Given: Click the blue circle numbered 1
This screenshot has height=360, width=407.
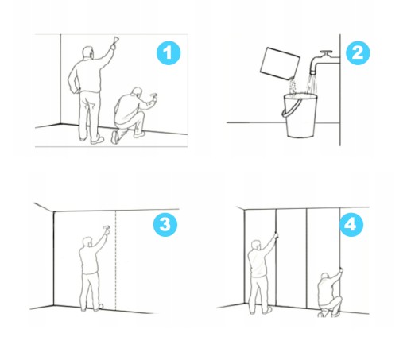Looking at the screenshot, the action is [169, 53].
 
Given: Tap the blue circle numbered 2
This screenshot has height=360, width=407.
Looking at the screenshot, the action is [358, 52].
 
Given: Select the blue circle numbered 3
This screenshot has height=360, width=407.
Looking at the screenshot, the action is [165, 225].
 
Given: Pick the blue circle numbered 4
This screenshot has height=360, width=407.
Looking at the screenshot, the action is [351, 225].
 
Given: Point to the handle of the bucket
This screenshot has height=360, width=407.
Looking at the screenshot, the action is [291, 108].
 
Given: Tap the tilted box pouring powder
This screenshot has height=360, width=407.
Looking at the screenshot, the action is [280, 64].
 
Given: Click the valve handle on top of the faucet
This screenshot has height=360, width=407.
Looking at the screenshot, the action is [326, 52].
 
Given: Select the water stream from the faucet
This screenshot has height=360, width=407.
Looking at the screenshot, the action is [311, 83].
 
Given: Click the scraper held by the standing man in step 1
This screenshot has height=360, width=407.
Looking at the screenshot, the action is [115, 41].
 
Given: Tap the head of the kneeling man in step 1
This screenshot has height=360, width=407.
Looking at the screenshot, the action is [138, 92].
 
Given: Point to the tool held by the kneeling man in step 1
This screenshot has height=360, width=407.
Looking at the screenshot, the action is [154, 95].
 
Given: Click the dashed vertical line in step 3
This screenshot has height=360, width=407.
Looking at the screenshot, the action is [116, 261].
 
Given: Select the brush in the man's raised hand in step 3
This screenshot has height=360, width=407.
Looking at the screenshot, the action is [107, 227].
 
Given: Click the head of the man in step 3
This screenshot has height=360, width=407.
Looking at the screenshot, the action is [87, 242].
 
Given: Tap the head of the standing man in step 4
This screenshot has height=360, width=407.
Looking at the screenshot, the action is [256, 245].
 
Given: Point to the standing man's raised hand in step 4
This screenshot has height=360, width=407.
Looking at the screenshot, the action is [276, 234].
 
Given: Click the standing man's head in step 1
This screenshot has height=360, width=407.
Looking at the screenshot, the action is [88, 52].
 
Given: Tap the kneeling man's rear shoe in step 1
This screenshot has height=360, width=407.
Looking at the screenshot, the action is [115, 137].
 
